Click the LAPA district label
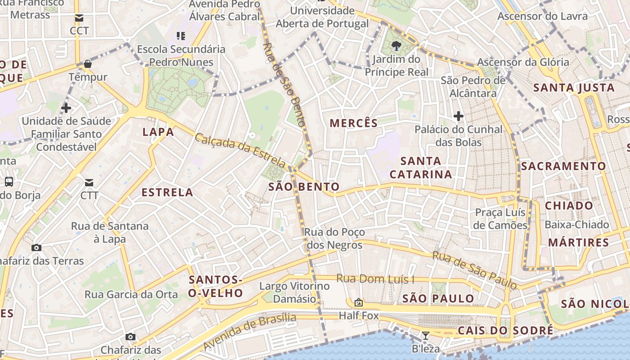click(x=158, y=132)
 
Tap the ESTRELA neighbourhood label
click(x=167, y=193)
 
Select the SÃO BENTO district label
click(x=304, y=187)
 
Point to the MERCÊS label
click(x=354, y=123)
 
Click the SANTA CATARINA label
click(x=421, y=167)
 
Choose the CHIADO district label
click(x=569, y=206)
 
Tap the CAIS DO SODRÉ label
click(x=505, y=331)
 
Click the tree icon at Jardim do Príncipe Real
click(x=396, y=45)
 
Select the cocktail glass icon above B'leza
click(x=425, y=336)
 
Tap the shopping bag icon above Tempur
click(x=88, y=64)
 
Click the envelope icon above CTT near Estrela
click(x=89, y=182)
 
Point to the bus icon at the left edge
click(x=9, y=182)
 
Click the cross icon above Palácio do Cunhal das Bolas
click(x=459, y=116)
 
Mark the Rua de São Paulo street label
click(x=474, y=270)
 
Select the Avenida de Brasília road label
click(x=250, y=332)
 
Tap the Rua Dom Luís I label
click(x=375, y=279)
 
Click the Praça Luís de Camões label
click(x=501, y=219)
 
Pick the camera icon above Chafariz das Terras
click(x=36, y=247)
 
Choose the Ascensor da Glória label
click(x=523, y=62)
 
